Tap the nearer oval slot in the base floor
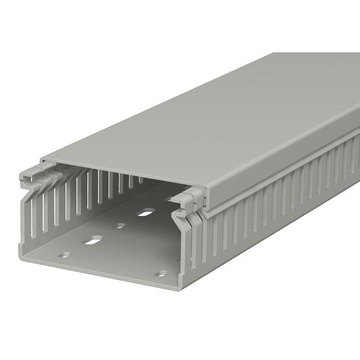(92, 241)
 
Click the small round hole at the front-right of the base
(161, 274)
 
